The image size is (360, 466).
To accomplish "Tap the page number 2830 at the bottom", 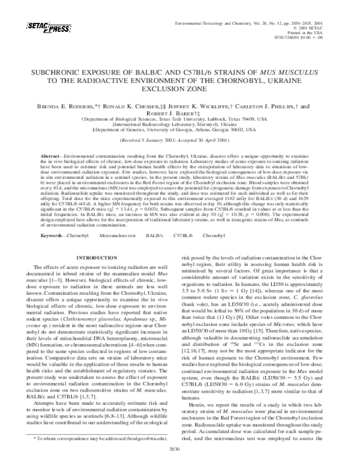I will (179, 448).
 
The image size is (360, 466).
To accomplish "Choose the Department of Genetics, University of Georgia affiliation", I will (179, 129).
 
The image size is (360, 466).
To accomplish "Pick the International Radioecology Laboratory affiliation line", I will (179, 124).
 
